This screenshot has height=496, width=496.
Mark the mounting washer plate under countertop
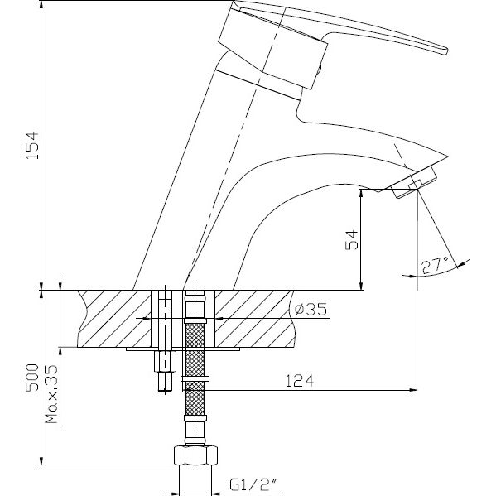pyautogui.click(x=182, y=349)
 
